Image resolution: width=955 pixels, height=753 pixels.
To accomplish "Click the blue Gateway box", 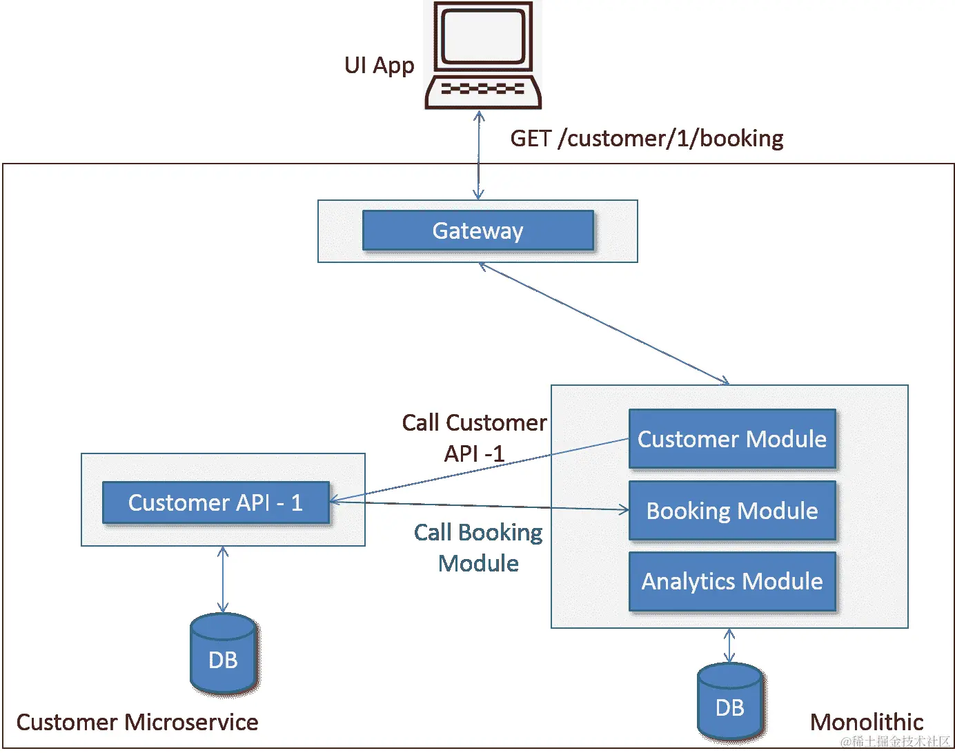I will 477,231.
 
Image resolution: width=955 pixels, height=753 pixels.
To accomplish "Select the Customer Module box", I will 732,439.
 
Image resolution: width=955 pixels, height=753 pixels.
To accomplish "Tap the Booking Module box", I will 732,511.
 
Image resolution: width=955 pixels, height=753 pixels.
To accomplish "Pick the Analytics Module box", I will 732,581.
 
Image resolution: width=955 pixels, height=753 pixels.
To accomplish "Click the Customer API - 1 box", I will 215,502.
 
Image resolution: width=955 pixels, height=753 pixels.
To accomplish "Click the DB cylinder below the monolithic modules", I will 729,703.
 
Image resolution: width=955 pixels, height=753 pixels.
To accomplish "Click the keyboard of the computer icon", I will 482,89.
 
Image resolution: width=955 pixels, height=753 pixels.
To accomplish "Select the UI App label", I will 379,66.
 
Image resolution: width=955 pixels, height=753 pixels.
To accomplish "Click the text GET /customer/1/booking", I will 647,139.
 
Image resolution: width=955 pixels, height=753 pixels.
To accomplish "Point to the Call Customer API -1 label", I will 474,438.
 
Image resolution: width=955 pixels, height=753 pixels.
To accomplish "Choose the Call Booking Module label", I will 478,547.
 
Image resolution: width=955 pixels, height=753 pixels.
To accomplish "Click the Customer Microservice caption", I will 137,722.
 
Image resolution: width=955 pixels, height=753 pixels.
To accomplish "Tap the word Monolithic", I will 867,722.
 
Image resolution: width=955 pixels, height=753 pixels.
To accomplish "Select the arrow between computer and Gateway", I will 478,155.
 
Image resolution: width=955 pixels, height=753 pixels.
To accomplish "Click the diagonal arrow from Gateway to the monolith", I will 604,323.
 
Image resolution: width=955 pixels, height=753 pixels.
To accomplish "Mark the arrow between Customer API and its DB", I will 223,580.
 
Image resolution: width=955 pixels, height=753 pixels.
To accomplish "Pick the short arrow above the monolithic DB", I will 729,645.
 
